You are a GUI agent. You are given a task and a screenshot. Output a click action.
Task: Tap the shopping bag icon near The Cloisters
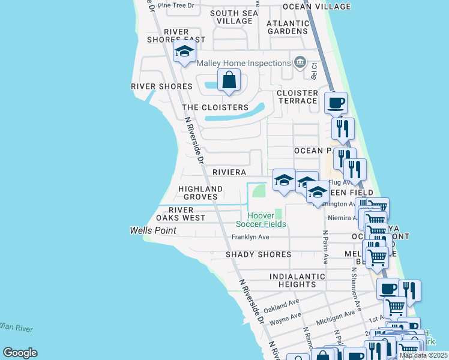(x=229, y=80)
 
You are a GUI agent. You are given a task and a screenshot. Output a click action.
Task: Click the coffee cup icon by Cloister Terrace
(x=336, y=103)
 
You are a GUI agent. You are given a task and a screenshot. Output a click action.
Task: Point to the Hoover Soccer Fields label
(x=261, y=219)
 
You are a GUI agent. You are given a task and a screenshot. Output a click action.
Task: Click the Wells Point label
(x=153, y=230)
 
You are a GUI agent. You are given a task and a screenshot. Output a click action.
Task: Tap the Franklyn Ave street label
(x=250, y=237)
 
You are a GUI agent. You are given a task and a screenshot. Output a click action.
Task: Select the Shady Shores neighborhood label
(x=258, y=254)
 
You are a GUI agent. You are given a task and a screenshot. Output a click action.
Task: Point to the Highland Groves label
(x=200, y=193)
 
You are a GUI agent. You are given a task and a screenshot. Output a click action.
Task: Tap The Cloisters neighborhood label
(x=215, y=107)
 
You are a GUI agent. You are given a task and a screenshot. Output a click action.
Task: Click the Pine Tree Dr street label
(x=175, y=5)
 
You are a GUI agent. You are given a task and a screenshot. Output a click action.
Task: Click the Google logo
(x=20, y=353)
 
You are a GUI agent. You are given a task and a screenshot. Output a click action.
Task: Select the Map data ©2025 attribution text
(x=423, y=355)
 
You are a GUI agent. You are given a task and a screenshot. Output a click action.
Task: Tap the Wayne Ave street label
(x=285, y=318)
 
